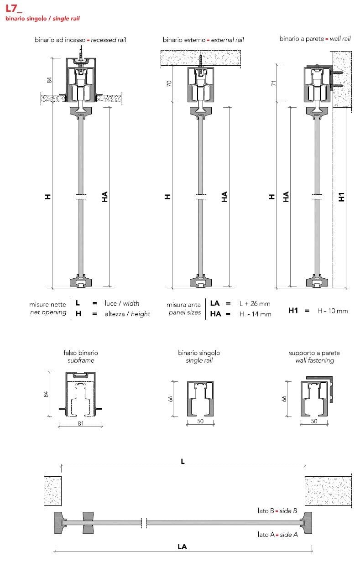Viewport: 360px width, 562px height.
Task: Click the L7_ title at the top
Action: coord(14,9)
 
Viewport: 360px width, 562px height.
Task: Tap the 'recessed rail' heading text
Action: coord(109,40)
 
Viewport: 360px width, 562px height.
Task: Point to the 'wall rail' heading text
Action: coord(340,39)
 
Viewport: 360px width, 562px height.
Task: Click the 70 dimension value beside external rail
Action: coord(169,83)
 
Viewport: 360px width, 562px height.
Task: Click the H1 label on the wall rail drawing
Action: coord(341,197)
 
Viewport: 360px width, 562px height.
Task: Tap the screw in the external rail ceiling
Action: coord(201,61)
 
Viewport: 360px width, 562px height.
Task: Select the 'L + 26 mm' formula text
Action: coord(255,304)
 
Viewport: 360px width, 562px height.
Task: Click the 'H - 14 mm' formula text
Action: coord(255,314)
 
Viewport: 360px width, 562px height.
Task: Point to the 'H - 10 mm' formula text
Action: coord(333,311)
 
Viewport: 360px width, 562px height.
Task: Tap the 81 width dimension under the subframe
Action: coord(80,423)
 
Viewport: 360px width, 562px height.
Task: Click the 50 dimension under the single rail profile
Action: coord(200,421)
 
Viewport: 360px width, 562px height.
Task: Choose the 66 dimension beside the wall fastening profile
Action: coord(284,398)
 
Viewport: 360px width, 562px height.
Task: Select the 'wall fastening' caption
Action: coord(314,360)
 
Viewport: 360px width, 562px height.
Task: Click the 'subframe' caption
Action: coord(81,360)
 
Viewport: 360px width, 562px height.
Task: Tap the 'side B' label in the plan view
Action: coord(288,511)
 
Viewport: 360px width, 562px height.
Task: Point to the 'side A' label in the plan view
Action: coord(289,535)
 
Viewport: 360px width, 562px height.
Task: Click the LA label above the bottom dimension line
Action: coord(183,546)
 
